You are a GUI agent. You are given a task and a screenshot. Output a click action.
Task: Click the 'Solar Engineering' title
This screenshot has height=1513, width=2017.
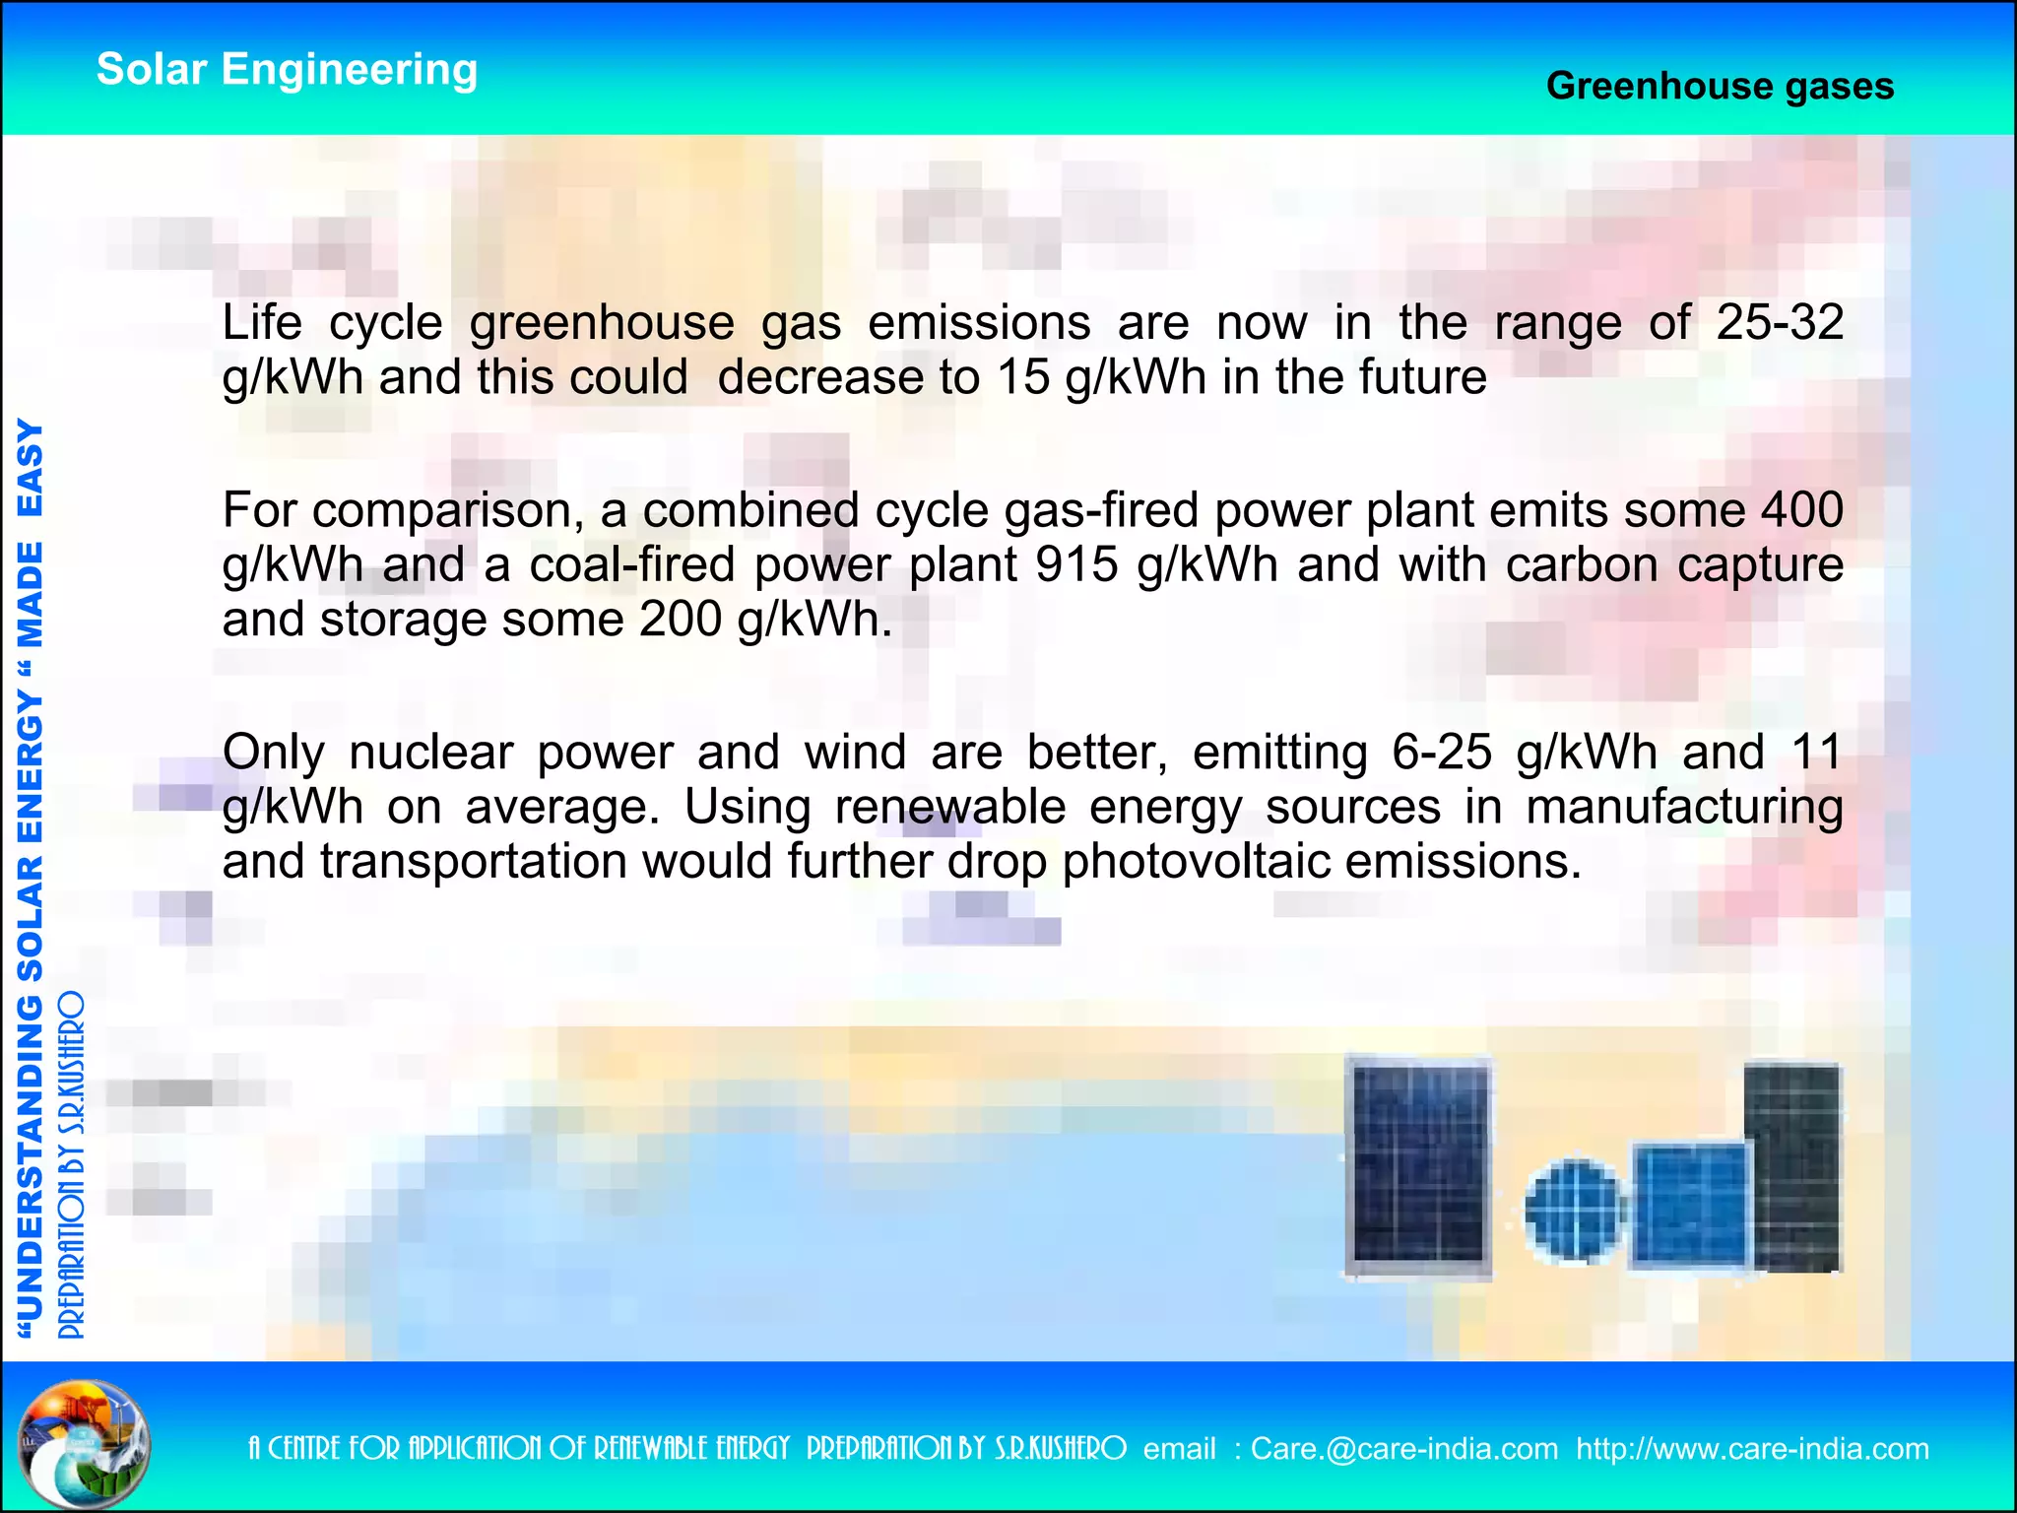pos(287,70)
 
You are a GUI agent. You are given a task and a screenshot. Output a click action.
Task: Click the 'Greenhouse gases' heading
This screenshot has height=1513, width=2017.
pos(1720,86)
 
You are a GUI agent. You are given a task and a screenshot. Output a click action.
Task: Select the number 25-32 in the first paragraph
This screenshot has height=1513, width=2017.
pos(1780,322)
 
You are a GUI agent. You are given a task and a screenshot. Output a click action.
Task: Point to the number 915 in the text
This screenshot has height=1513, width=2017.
pos(1076,564)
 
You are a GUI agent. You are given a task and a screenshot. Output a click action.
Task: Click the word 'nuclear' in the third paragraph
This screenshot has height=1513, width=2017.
pos(430,753)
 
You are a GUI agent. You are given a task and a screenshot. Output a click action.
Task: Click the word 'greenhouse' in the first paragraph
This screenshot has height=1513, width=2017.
pos(602,322)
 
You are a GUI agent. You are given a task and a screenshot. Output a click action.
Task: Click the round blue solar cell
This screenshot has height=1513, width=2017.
pos(1573,1212)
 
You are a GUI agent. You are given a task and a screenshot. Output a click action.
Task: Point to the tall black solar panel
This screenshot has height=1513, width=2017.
pos(1792,1167)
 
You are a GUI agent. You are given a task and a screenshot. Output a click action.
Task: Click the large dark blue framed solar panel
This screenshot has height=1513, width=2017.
pos(1418,1169)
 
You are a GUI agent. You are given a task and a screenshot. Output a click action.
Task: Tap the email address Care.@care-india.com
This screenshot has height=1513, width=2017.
pos(1403,1449)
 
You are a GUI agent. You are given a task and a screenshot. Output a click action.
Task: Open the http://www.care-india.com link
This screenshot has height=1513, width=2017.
pos(1751,1449)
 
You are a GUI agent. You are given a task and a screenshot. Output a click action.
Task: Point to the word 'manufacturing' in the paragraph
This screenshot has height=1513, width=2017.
pos(1683,807)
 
